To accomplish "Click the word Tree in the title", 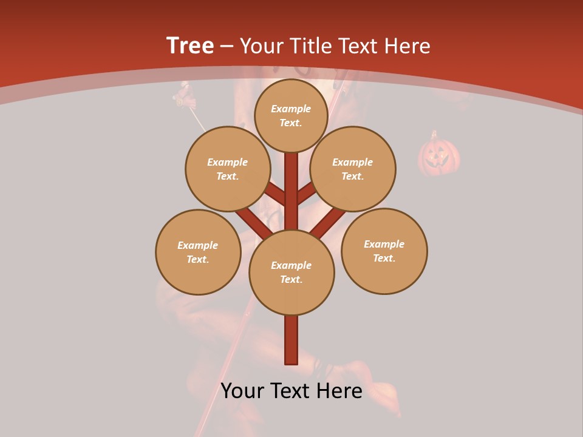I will [x=190, y=46].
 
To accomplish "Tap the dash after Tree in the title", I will [x=227, y=47].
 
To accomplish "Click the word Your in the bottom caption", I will [x=242, y=391].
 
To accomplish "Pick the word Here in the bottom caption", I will [x=339, y=391].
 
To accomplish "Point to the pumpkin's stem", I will [x=434, y=134].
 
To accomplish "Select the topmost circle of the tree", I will [x=291, y=115].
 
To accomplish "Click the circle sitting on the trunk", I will [x=291, y=273].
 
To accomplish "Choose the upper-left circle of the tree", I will [x=227, y=169].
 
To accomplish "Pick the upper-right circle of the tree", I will [x=353, y=169].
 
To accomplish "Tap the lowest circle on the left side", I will [x=198, y=252].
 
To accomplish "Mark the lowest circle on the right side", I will [x=384, y=251].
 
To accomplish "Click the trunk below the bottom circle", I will [x=291, y=340].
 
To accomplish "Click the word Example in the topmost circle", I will [x=291, y=109].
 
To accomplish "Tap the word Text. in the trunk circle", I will [x=291, y=280].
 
